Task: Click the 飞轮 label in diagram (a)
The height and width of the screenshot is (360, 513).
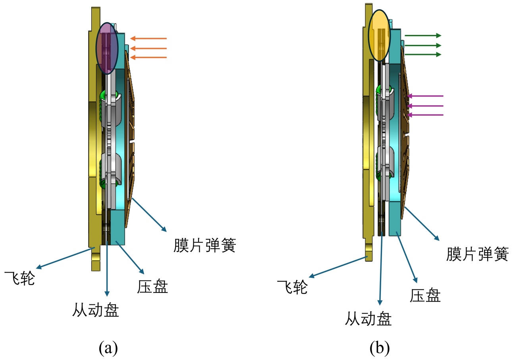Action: pos(19,278)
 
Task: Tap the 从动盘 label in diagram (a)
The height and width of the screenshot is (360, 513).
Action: pos(96,310)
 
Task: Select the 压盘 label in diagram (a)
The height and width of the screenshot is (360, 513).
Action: pos(153,286)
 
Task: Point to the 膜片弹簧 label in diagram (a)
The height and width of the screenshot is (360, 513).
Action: pos(205,245)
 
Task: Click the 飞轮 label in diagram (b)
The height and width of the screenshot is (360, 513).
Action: pos(292,286)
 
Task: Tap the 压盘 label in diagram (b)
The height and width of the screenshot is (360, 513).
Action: pos(426,295)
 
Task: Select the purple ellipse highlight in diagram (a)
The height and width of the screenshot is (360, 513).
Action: pos(107,48)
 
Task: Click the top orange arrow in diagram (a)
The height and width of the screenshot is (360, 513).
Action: pos(148,39)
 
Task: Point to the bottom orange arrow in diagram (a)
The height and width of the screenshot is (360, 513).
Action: pos(148,58)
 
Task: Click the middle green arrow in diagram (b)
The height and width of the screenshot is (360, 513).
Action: pos(423,45)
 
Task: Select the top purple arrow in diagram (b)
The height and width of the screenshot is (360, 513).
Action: pos(425,96)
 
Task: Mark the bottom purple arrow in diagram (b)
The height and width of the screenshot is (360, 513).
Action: pos(425,115)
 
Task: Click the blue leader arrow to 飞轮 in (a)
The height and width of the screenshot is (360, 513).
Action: pos(64,257)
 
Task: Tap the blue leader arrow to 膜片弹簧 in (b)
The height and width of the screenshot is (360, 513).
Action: pos(422,223)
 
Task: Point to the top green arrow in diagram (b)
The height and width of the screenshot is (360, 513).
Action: pos(423,35)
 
